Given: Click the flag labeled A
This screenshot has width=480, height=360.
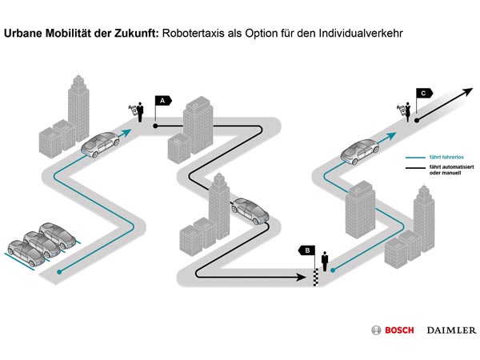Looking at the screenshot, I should (162, 102).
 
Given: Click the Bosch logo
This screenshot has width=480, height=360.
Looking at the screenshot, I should (391, 330).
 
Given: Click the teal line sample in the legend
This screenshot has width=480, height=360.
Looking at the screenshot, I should (414, 158).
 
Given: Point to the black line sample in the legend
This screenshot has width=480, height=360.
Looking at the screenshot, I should (414, 169).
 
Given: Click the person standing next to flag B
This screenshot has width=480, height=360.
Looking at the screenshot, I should (324, 262).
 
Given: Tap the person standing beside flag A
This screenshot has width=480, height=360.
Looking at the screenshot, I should (139, 110).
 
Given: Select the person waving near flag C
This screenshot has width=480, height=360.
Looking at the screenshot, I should (408, 112).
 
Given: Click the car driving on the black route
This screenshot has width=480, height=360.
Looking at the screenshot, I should (250, 212).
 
